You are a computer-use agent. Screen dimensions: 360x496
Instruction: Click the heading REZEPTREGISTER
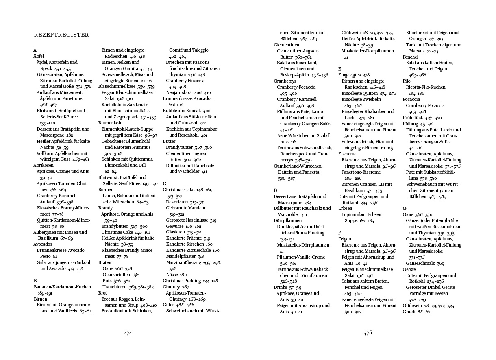61,35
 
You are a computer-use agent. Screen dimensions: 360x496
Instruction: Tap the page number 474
128,333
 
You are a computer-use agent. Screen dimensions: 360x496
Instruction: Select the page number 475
368,333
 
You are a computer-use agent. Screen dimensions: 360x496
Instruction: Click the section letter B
35,281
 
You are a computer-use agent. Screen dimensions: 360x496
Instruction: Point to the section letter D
275,190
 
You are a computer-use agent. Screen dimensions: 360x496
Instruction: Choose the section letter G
405,208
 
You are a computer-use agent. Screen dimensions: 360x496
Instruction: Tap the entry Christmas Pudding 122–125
190,281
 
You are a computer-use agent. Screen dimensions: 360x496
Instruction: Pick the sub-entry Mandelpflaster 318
185,256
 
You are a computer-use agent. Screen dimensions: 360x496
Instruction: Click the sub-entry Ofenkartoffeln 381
121,275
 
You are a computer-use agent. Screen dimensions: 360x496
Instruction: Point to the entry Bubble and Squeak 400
187,111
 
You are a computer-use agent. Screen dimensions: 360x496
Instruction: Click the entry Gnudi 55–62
416,312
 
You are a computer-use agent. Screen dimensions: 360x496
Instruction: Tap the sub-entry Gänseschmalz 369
425,263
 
